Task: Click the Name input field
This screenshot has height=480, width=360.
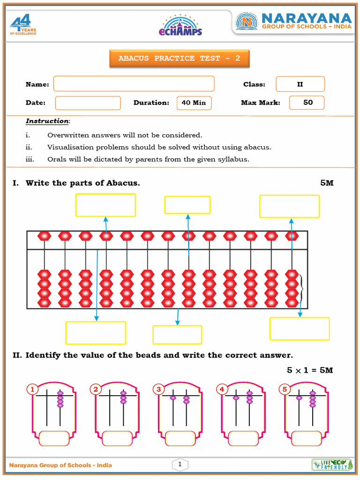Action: coord(134,84)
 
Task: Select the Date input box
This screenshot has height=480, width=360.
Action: coord(88,103)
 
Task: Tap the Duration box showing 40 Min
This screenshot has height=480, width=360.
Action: coord(194,103)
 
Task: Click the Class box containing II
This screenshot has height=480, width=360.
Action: coord(300,84)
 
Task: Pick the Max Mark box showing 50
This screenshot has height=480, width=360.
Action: coord(307,103)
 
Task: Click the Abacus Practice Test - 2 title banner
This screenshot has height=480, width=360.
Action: coord(179,59)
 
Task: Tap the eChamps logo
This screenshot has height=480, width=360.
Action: coord(182,25)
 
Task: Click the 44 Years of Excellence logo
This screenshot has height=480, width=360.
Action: coord(23,25)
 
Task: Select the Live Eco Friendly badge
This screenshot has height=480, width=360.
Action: coord(332,465)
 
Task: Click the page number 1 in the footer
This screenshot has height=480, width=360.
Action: coord(180,465)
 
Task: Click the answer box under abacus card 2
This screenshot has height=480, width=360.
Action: coord(117,438)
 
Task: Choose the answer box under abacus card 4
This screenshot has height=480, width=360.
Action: coord(243,438)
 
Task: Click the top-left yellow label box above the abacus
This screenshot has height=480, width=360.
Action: coord(105,205)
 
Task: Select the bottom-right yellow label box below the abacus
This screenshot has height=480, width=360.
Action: coord(299,329)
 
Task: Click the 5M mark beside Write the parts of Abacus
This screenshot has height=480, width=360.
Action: coord(327,183)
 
